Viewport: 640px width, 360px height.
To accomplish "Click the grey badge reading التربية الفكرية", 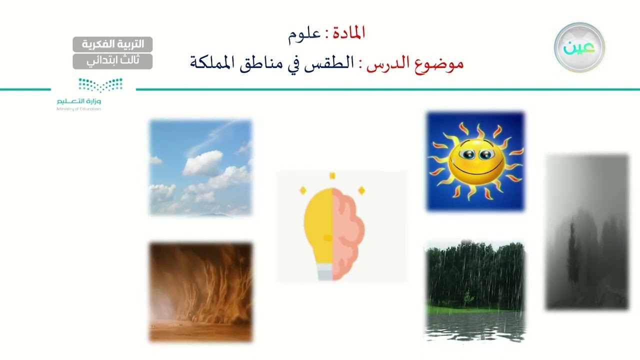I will tap(112, 44).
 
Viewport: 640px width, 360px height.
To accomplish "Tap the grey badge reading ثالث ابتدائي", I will tap(112, 61).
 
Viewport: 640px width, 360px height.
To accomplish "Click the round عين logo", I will tap(579, 47).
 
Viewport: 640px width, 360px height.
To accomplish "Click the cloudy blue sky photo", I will tap(200, 167).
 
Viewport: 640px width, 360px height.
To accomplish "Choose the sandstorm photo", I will tap(200, 292).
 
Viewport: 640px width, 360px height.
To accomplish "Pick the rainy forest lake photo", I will tap(475, 291).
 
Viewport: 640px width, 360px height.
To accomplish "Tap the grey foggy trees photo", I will tap(586, 231).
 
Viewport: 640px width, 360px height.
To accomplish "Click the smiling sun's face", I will tap(476, 161).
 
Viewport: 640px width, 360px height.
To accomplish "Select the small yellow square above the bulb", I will tap(332, 175).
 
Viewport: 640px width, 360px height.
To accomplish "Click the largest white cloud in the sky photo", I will tap(202, 162).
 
